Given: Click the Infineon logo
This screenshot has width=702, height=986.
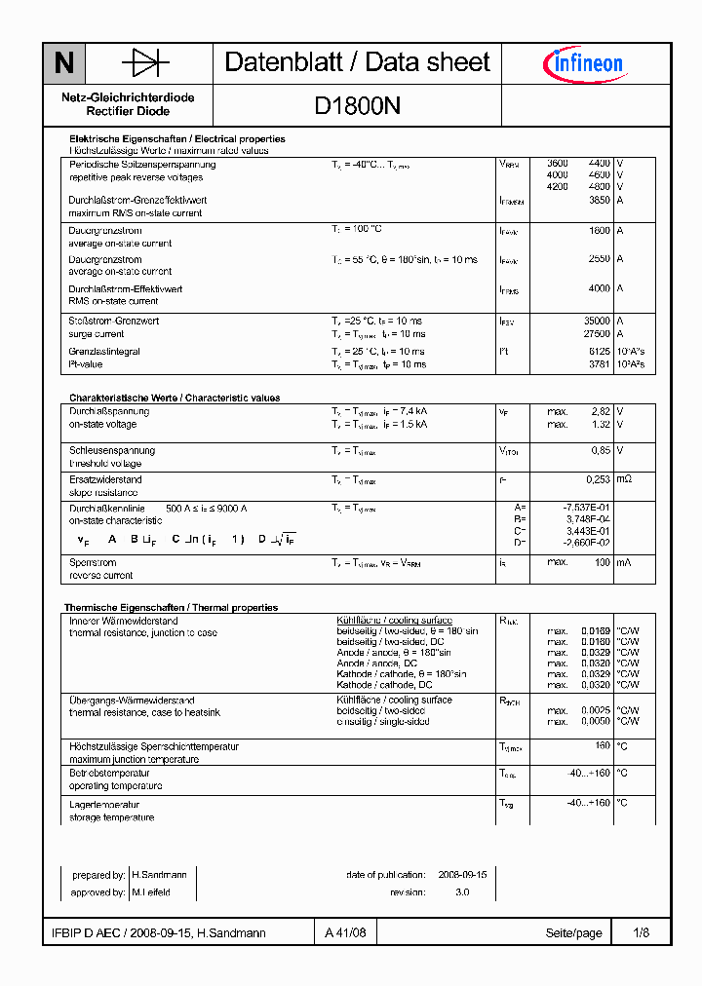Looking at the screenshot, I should coord(583,64).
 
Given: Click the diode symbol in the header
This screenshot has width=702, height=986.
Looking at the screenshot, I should coord(145,64).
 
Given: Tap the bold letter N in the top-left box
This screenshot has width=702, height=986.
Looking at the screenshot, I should coord(64,64).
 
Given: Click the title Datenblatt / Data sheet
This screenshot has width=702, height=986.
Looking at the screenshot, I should coord(357,62).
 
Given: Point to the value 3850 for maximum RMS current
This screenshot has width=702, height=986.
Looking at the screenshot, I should coord(599,200).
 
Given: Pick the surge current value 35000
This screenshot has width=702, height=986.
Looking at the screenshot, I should coord(596,321).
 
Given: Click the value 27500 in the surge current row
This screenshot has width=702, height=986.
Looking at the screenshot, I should coord(596,333).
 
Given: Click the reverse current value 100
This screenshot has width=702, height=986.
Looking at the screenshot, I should coord(603,562).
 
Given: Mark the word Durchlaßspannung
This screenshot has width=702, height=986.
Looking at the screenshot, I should coord(108,411).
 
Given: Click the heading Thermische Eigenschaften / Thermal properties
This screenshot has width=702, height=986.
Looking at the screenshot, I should coord(171,607).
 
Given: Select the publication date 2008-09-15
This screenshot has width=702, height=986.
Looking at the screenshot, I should coord(462,875).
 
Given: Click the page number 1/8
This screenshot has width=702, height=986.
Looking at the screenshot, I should coord(641,932).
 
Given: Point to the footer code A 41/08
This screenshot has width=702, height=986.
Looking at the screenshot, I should coord(346,932).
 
